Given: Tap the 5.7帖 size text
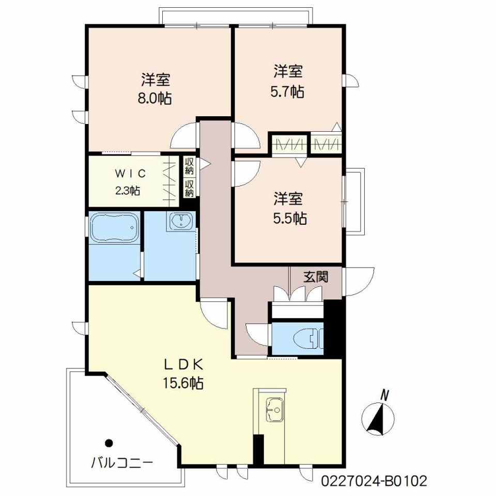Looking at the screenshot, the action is (287, 92).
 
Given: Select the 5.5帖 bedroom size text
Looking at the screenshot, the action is (289, 218).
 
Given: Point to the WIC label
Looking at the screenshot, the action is (130, 174).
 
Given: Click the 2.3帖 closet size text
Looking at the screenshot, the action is (128, 191).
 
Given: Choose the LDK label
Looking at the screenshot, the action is (183, 365).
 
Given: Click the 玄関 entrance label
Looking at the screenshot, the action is (316, 277).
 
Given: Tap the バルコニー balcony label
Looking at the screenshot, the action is (122, 463).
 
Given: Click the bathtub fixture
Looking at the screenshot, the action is (115, 227).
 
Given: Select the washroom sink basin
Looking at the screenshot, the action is (181, 221).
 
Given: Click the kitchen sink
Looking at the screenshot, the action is (274, 410).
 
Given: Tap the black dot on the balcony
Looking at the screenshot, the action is (109, 443).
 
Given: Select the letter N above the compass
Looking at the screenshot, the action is (384, 395).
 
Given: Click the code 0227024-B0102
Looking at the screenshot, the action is (374, 481).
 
